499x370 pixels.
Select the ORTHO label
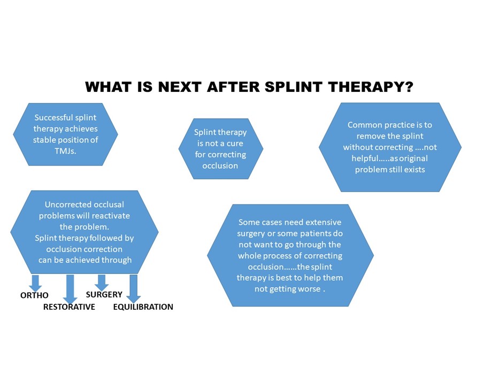pyautogui.click(x=34, y=295)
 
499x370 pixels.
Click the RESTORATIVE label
pyautogui.click(x=69, y=307)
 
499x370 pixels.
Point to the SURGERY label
pyautogui.click(x=104, y=295)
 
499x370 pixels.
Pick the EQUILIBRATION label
pyautogui.click(x=143, y=307)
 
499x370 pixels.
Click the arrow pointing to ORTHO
pyautogui.click(x=35, y=283)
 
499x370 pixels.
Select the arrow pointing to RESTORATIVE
pyautogui.click(x=70, y=289)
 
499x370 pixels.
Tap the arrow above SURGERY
pyautogui.click(x=102, y=282)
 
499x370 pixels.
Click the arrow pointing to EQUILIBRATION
pyautogui.click(x=134, y=289)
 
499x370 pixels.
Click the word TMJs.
pyautogui.click(x=65, y=151)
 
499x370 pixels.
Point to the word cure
pyautogui.click(x=235, y=144)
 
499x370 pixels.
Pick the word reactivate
pyautogui.click(x=111, y=216)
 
